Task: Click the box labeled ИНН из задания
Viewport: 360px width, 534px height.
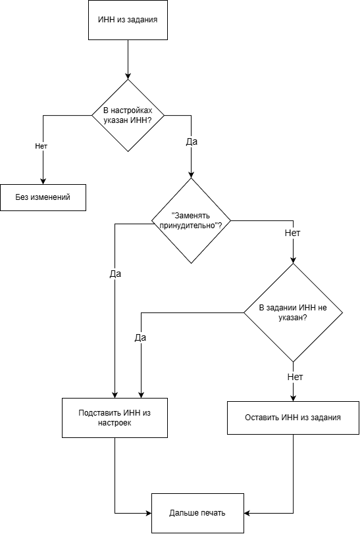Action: pyautogui.click(x=128, y=20)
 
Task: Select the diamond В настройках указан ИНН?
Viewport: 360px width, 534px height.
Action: pyautogui.click(x=128, y=116)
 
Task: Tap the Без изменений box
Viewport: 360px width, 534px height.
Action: pyautogui.click(x=43, y=197)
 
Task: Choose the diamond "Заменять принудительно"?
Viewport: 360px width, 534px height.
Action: pyautogui.click(x=191, y=221)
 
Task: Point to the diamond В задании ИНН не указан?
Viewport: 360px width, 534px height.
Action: pyautogui.click(x=293, y=312)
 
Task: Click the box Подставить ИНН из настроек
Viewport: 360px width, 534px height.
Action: pyautogui.click(x=115, y=418)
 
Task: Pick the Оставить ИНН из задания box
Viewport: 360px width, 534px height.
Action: pyautogui.click(x=293, y=418)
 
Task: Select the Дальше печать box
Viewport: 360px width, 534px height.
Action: pyautogui.click(x=197, y=513)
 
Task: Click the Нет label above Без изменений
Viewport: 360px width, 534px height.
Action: pyautogui.click(x=41, y=146)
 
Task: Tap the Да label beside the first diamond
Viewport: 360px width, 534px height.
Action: pyautogui.click(x=192, y=141)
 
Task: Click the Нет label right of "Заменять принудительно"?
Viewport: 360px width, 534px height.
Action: pyautogui.click(x=292, y=233)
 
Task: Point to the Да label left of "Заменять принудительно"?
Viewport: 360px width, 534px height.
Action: pyautogui.click(x=115, y=274)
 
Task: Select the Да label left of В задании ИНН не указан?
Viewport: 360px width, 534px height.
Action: pyautogui.click(x=140, y=337)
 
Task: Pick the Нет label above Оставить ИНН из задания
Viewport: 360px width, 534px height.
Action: pyautogui.click(x=296, y=377)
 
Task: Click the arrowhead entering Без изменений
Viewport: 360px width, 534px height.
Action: pyautogui.click(x=43, y=182)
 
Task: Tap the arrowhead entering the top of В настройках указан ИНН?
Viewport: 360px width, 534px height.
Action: pyautogui.click(x=128, y=76)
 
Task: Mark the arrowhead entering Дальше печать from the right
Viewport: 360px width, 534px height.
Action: pyautogui.click(x=247, y=513)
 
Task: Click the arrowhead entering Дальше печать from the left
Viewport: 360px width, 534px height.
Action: pyautogui.click(x=148, y=513)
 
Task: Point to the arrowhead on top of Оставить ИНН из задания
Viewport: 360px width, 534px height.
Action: pyautogui.click(x=293, y=398)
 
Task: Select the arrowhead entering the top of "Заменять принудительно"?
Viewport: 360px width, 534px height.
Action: pyautogui.click(x=191, y=175)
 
